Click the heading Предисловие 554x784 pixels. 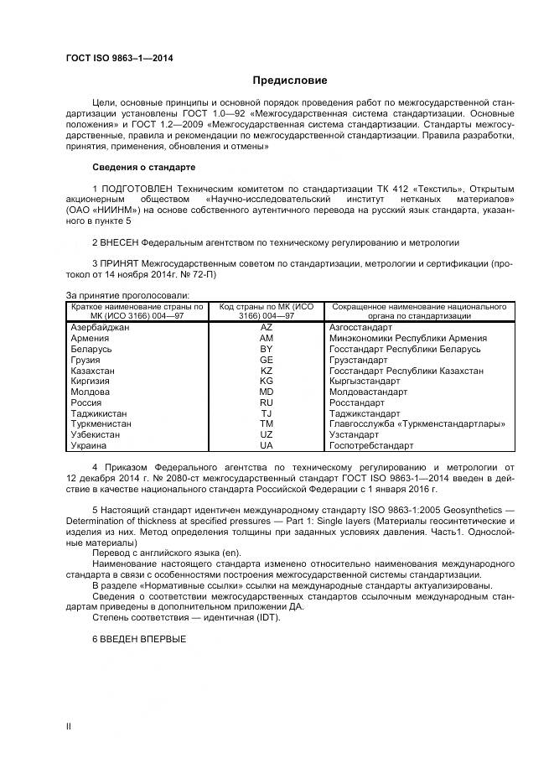(x=290, y=80)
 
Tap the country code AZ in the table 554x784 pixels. (x=267, y=327)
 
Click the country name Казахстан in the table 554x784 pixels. (x=94, y=371)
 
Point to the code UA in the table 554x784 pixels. (x=267, y=446)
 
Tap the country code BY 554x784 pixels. (x=267, y=349)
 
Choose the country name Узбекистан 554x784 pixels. (x=97, y=435)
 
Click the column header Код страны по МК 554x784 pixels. (x=267, y=311)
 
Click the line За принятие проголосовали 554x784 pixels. (x=127, y=295)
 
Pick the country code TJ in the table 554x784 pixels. (x=267, y=413)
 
